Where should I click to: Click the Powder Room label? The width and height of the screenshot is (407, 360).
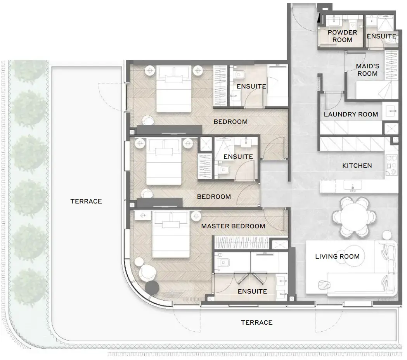[342, 36]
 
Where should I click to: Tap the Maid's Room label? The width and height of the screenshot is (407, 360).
[367, 70]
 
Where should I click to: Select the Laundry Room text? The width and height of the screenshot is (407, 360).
[351, 114]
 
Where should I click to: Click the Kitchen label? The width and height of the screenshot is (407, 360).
[357, 165]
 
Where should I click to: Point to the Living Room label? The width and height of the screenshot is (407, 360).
[337, 256]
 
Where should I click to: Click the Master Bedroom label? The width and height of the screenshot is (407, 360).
[233, 226]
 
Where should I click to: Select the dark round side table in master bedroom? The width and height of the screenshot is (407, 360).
[152, 287]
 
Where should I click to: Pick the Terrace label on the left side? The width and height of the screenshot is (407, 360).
[86, 201]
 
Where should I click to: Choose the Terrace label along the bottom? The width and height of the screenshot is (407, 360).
[256, 322]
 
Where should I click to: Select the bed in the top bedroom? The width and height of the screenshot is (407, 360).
[174, 89]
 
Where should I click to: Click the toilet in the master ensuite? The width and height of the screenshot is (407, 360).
[222, 263]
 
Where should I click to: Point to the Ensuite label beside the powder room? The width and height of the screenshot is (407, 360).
[381, 36]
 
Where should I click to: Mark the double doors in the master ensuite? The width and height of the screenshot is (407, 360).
[250, 279]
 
